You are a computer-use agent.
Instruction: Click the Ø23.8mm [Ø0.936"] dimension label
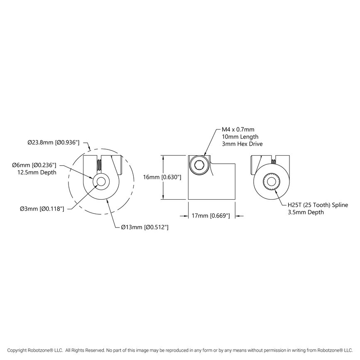[x=53, y=142]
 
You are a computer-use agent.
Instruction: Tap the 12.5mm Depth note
[x=37, y=172]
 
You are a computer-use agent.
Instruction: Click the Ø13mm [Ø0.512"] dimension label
[x=144, y=227]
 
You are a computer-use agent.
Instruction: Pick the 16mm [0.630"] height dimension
[x=162, y=177]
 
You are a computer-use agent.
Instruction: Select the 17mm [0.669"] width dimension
[x=211, y=216]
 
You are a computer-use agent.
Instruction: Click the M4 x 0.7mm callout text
[x=238, y=130]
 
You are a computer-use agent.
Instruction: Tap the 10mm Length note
[x=240, y=137]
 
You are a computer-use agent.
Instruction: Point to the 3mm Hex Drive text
[x=242, y=144]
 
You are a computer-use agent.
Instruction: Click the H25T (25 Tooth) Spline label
[x=318, y=205]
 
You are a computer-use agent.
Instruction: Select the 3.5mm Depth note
[x=306, y=212]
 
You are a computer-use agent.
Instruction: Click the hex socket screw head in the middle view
[x=198, y=166]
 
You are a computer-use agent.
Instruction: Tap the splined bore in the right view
[x=272, y=182]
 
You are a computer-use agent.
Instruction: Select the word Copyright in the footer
[x=18, y=350]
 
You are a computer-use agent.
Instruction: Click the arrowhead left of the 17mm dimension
[x=186, y=216]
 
